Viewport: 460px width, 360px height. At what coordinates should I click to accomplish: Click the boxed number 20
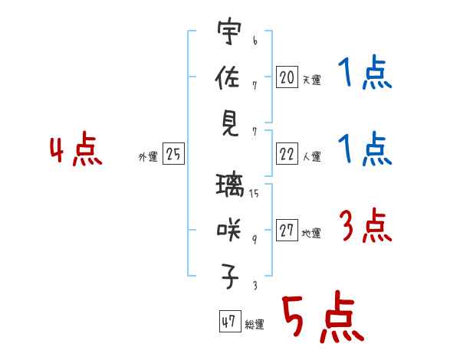[x=287, y=77]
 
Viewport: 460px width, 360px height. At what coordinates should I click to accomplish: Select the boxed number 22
[x=287, y=154]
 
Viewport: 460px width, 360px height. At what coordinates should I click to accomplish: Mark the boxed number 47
[x=228, y=322]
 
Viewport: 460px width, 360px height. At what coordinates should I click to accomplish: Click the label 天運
[x=310, y=80]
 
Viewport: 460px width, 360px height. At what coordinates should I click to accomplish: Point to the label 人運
[x=310, y=156]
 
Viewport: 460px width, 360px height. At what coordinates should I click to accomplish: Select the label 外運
[x=148, y=156]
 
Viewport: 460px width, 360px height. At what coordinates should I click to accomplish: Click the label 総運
[x=254, y=324]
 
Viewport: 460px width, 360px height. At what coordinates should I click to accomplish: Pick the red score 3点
[x=364, y=227]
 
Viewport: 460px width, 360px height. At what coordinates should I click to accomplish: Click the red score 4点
[x=75, y=151]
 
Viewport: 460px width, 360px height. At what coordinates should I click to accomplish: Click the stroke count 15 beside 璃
[x=253, y=194]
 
